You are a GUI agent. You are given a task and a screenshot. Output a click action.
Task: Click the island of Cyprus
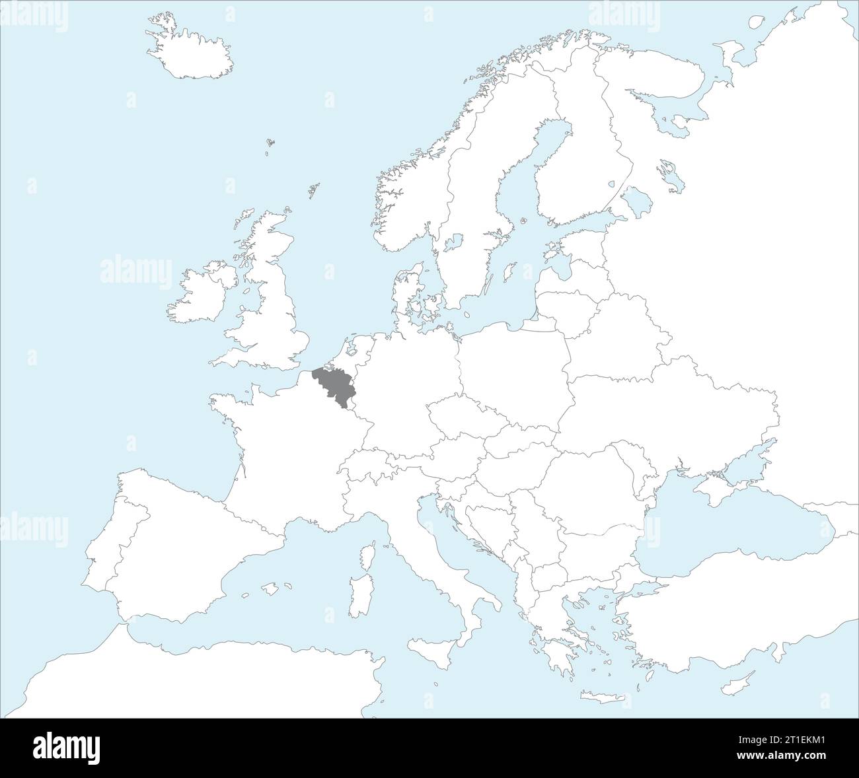tap(745, 678)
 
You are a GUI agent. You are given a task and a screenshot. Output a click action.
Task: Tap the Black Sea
tap(727, 528)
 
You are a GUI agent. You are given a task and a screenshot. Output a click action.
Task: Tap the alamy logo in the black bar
tap(67, 748)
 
